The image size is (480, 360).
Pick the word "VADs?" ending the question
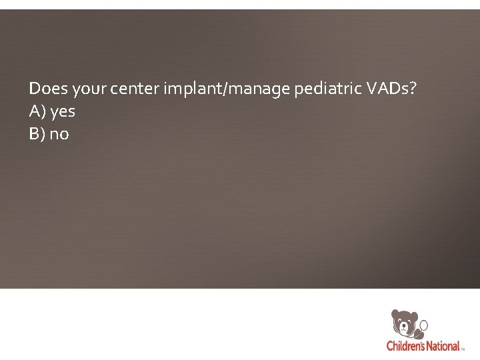(392, 88)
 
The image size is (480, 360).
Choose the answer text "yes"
(63, 111)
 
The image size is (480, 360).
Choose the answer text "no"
(59, 134)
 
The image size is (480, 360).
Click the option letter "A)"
(37, 111)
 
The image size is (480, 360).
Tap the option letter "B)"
(37, 133)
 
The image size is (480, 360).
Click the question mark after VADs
(413, 88)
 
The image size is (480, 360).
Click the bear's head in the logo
(405, 322)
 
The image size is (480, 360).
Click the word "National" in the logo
(441, 346)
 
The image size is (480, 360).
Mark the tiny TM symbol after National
(463, 349)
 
